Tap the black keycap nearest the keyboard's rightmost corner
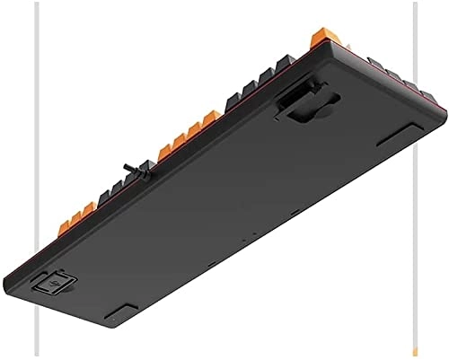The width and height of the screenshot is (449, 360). point(431,93)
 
